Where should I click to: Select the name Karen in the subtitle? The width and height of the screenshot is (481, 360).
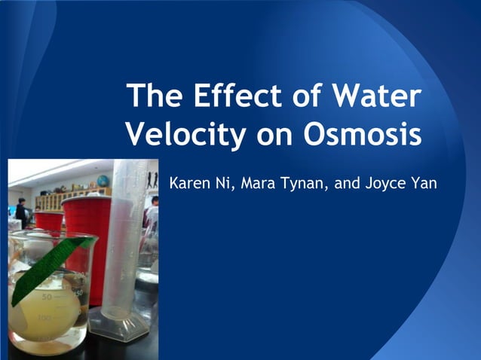click(192, 183)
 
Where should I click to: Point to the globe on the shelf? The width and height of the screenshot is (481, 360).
click(103, 182)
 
